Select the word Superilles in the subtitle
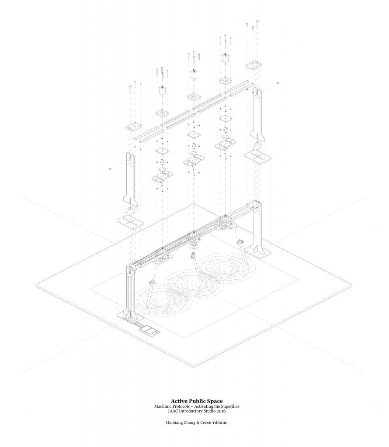point(228,406)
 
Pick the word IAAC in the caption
point(168,412)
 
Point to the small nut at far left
point(111,168)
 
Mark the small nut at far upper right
point(278,83)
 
